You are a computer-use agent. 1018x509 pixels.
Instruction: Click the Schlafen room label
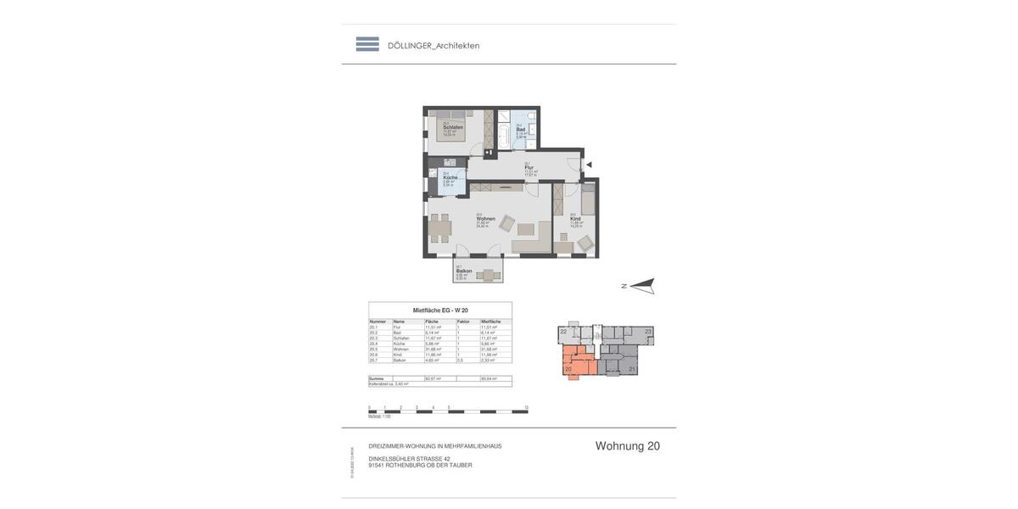pyautogui.click(x=452, y=127)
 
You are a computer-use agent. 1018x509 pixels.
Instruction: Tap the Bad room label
pyautogui.click(x=520, y=130)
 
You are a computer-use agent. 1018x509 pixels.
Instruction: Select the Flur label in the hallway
pyautogui.click(x=529, y=167)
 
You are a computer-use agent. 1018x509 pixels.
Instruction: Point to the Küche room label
pyautogui.click(x=450, y=177)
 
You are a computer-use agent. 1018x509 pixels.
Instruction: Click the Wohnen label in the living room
pyautogui.click(x=485, y=218)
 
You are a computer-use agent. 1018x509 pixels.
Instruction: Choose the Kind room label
pyautogui.click(x=575, y=218)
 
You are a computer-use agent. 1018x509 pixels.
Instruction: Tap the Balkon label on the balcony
pyautogui.click(x=464, y=271)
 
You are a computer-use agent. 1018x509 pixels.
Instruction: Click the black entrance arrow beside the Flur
pyautogui.click(x=589, y=165)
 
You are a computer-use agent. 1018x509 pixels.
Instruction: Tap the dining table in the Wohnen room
pyautogui.click(x=439, y=227)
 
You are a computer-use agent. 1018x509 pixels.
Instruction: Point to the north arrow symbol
pyautogui.click(x=642, y=286)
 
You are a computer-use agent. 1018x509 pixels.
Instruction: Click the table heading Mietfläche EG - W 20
pyautogui.click(x=440, y=310)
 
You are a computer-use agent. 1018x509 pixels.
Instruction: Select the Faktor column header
pyautogui.click(x=463, y=322)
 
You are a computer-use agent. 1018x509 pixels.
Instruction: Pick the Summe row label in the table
pyautogui.click(x=377, y=378)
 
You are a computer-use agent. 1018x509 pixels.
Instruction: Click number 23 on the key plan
pyautogui.click(x=648, y=332)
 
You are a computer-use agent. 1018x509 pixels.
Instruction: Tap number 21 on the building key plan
pyautogui.click(x=632, y=369)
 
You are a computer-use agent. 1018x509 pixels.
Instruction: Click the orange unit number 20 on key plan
pyautogui.click(x=568, y=369)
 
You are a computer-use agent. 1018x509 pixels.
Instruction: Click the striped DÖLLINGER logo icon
pyautogui.click(x=367, y=44)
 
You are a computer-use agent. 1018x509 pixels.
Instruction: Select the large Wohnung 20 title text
pyautogui.click(x=627, y=446)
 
